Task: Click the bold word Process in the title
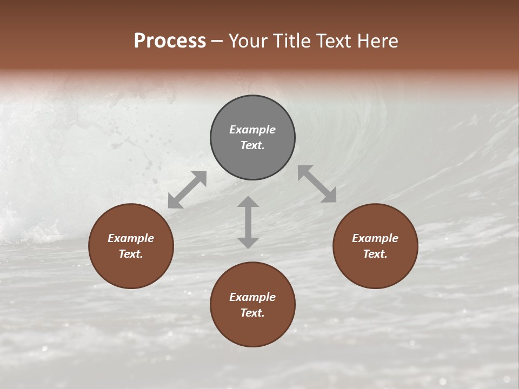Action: (170, 41)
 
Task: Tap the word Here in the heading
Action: (378, 41)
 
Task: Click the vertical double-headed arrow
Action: (248, 222)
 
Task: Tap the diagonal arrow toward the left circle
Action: (187, 190)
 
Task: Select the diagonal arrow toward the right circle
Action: (317, 184)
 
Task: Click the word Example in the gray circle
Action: (252, 130)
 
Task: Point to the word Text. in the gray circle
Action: (252, 145)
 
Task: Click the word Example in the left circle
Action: (131, 238)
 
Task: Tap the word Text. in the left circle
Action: (131, 254)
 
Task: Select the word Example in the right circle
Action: (375, 238)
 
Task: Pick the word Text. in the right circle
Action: (375, 254)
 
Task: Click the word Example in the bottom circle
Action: (252, 297)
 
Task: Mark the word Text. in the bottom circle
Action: (252, 313)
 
